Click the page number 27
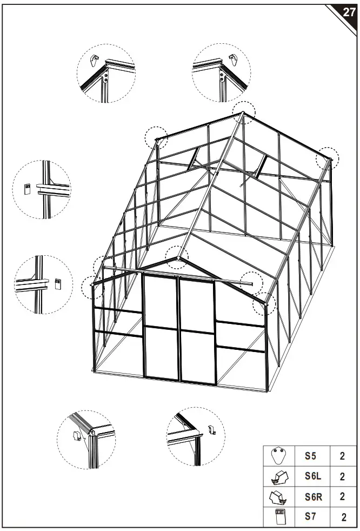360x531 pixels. click(x=349, y=12)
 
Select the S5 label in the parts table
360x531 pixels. click(x=310, y=455)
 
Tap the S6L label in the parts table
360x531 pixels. click(x=312, y=476)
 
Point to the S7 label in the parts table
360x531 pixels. click(x=310, y=516)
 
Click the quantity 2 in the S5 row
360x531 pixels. click(x=342, y=455)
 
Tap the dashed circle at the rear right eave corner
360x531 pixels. click(x=327, y=158)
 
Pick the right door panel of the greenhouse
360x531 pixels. click(x=197, y=331)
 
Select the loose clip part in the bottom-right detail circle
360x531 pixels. click(x=212, y=430)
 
